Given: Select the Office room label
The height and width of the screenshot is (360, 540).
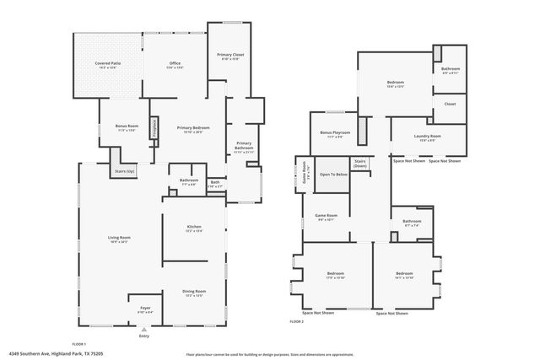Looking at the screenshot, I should (175, 64).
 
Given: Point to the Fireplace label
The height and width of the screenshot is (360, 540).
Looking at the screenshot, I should (154, 127).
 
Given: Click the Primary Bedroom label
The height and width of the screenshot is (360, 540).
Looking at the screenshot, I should (193, 128).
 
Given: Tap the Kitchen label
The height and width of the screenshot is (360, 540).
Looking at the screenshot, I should (193, 228).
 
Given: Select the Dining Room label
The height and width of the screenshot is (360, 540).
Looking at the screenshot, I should (193, 293).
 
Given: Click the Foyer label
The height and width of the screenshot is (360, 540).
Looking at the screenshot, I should (145, 309).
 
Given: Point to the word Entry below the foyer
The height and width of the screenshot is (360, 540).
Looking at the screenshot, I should (144, 335).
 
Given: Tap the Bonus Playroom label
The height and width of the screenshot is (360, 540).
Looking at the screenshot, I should (335, 133).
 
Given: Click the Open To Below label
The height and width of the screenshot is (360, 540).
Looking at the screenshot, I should (333, 175).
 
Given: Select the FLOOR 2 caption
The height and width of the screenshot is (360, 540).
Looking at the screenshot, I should (296, 321).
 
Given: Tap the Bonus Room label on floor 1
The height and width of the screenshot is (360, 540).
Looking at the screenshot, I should (127, 127).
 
